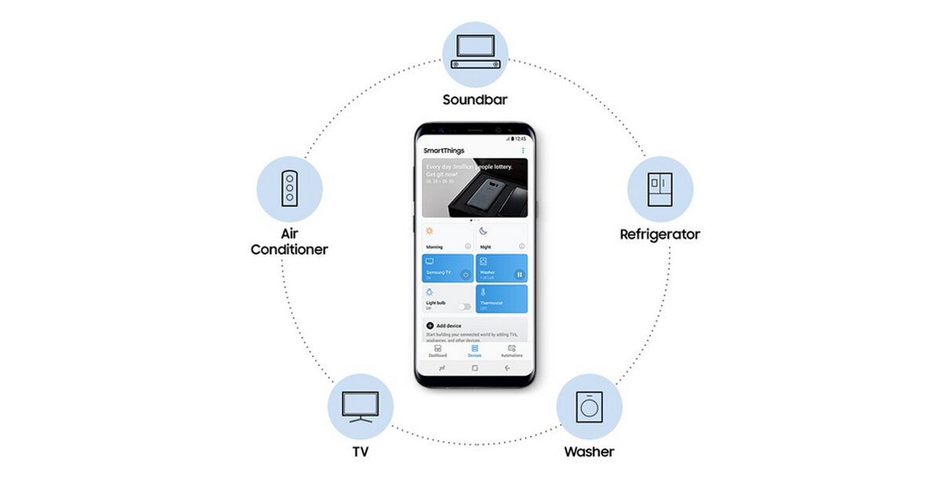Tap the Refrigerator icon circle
click(659, 190)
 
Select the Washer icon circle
click(589, 406)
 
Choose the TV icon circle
click(361, 406)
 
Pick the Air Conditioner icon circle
click(289, 189)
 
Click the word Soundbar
click(475, 99)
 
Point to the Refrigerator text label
click(659, 234)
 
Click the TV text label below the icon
click(361, 452)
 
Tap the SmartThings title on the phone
click(444, 150)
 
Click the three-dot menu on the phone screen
click(523, 150)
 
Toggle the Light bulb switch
click(464, 306)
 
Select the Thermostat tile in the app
click(501, 298)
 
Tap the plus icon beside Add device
click(430, 325)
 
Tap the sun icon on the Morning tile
click(429, 231)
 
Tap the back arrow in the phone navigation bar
click(507, 367)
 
